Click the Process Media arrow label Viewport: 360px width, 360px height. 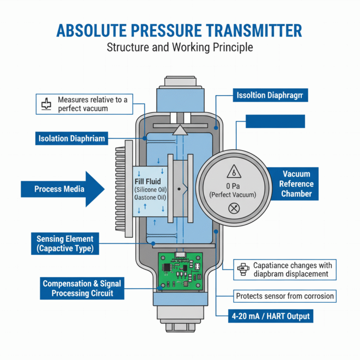(x=60, y=189)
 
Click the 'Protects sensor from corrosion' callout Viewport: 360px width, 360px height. (x=285, y=296)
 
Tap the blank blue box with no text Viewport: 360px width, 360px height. (x=275, y=121)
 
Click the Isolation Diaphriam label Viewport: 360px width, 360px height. (x=70, y=138)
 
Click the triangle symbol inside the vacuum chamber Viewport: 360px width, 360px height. (x=233, y=171)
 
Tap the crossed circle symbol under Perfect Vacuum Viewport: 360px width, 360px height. (x=233, y=209)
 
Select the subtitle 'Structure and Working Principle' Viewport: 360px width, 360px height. (x=180, y=47)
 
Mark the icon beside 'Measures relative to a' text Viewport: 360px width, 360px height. (x=46, y=104)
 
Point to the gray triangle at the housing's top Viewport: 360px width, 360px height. (x=180, y=130)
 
